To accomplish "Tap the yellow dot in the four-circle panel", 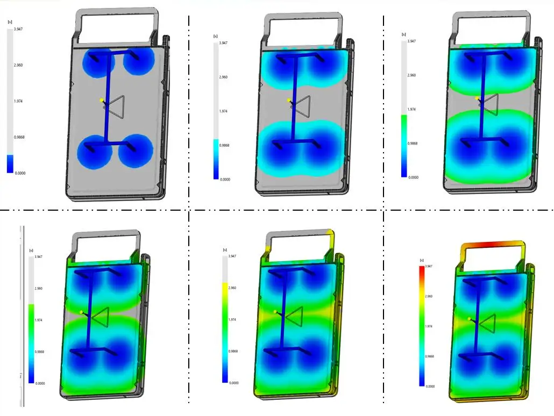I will click(x=102, y=100).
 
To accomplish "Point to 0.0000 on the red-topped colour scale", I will click(x=430, y=386).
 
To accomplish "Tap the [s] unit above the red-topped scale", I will click(x=422, y=261).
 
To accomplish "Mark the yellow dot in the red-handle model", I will click(x=470, y=319).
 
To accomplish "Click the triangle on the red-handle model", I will click(x=487, y=324).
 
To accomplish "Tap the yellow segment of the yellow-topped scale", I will click(x=225, y=293).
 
